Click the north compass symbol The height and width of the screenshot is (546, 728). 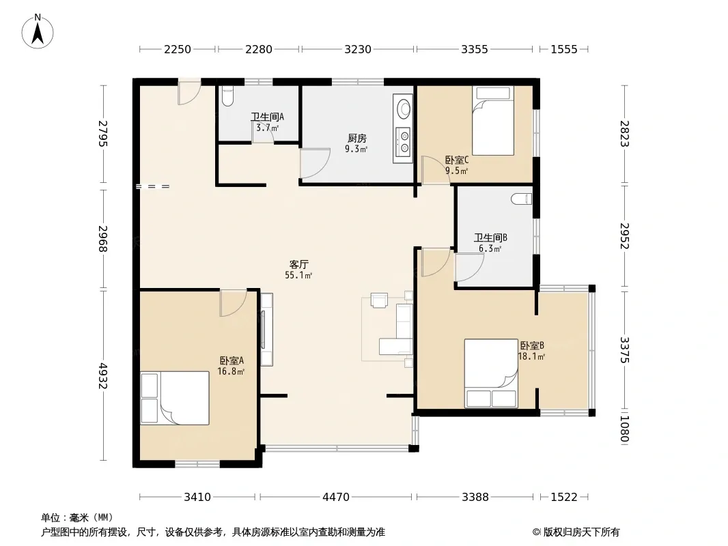coord(38,31)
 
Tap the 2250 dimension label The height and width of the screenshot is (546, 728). coord(178,49)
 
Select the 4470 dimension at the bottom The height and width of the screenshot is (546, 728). coord(336,498)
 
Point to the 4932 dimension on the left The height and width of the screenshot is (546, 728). coord(103,376)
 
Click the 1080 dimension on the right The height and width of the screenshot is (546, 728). coord(624,429)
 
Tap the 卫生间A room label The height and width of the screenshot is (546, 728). coord(268,117)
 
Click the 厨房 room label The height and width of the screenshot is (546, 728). coord(357,139)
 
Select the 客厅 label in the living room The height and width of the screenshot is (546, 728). coord(298,264)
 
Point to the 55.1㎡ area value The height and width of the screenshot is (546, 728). coord(298,276)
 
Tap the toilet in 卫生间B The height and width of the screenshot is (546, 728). coord(521,199)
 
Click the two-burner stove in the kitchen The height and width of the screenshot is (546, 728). coord(402,141)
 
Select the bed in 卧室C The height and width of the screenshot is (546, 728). coord(493,121)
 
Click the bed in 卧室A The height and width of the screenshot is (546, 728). coord(175,398)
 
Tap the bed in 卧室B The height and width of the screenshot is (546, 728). coord(491,373)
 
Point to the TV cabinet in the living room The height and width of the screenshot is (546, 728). coord(266,330)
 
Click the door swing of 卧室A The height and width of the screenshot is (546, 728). coord(233,303)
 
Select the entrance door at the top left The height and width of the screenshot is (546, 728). coord(189,92)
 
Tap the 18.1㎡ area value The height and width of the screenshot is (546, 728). coord(531,356)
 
